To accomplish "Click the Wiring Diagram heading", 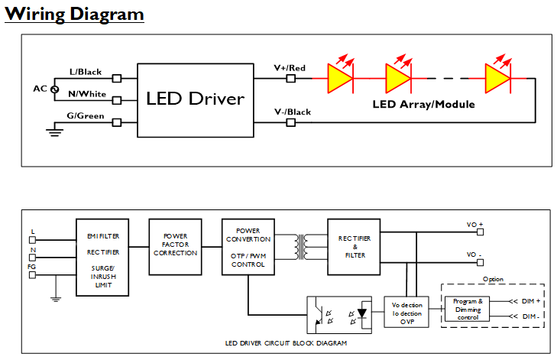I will tap(74, 15).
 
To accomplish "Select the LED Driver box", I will tap(196, 99).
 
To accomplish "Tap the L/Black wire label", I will tap(86, 72).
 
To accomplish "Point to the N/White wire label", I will tap(86, 94).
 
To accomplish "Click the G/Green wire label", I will tap(86, 116).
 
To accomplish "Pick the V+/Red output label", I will tap(290, 69).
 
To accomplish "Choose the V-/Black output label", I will tap(293, 112).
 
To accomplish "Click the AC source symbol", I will tap(54, 89).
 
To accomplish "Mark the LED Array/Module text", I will tap(423, 104).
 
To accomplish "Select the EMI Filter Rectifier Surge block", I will tap(102, 257).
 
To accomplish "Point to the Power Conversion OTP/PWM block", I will tap(248, 247).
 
